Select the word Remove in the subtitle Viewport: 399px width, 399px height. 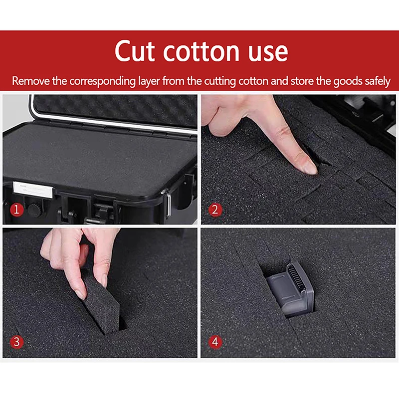click(29, 81)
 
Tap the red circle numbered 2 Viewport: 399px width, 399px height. click(215, 210)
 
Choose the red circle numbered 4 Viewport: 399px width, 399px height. click(215, 342)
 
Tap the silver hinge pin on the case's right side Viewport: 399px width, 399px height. click(170, 201)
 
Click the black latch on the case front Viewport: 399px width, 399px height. click(100, 209)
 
